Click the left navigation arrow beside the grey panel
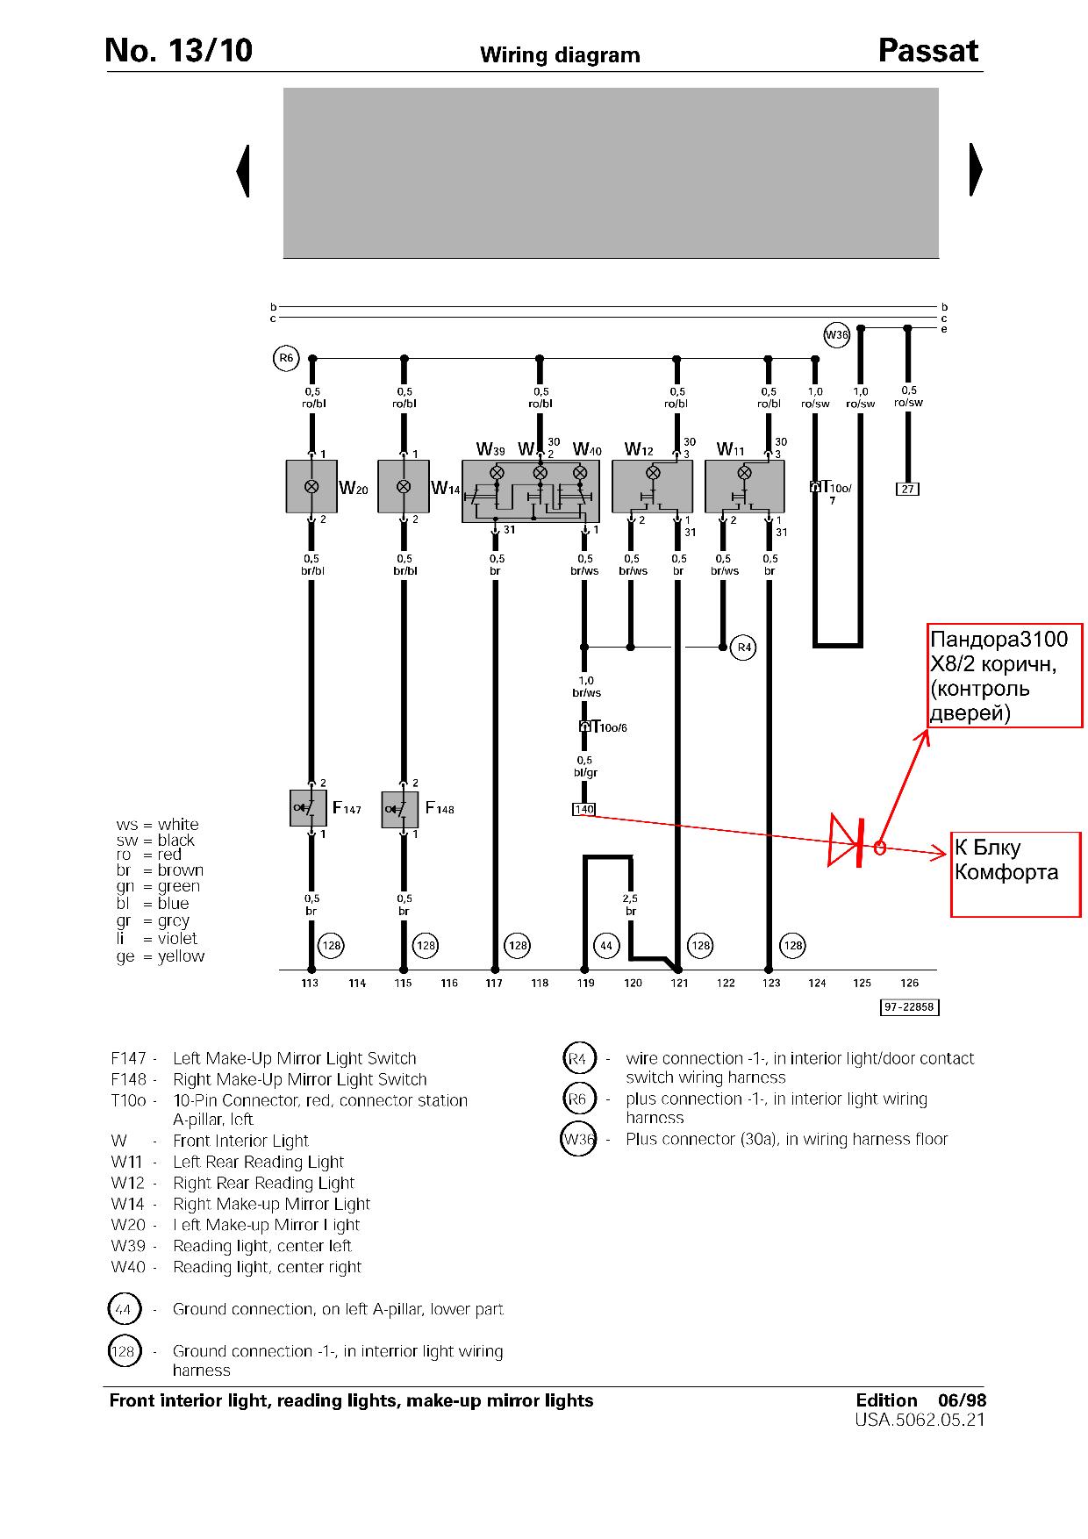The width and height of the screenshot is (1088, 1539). (244, 170)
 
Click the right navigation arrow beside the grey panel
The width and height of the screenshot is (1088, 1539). (975, 169)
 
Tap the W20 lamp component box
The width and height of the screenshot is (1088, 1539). (311, 486)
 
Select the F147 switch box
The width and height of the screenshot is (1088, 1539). (308, 808)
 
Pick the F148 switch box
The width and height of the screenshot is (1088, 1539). (400, 809)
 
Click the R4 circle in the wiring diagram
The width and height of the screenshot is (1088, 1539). (743, 648)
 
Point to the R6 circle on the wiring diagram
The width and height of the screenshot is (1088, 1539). (286, 358)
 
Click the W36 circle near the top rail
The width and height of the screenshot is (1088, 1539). (837, 335)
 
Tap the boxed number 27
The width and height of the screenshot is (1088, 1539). (907, 489)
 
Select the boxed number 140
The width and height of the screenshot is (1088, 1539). (583, 809)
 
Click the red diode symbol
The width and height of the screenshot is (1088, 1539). (848, 841)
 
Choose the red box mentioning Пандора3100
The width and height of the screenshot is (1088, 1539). (1005, 675)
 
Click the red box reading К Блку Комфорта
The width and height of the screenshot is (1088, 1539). (1016, 874)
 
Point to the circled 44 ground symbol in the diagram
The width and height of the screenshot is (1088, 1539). (606, 945)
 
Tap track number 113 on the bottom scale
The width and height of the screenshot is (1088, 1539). (310, 983)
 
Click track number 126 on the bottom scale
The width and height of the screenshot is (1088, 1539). (909, 983)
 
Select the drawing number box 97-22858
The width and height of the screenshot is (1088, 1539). (909, 1007)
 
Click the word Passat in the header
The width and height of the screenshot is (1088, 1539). (927, 52)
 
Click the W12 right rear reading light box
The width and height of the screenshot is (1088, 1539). (652, 486)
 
